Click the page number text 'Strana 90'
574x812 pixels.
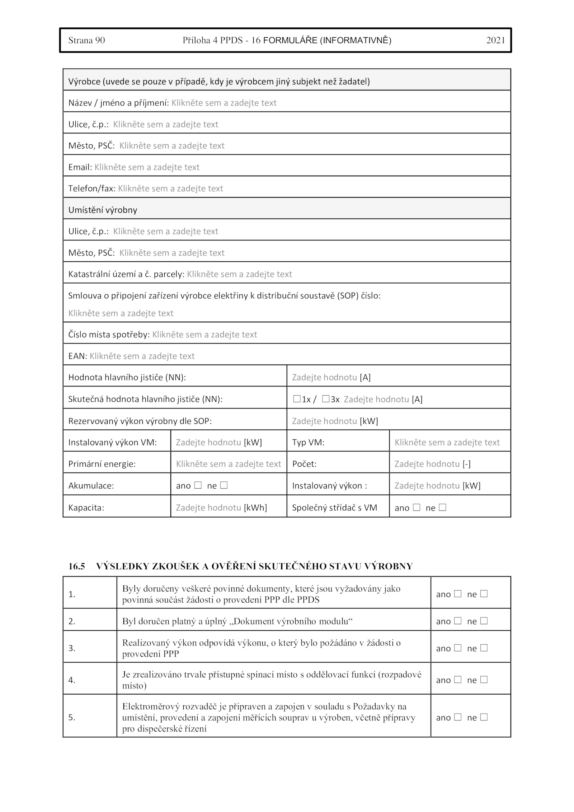coord(86,40)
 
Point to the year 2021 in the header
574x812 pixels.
coord(495,40)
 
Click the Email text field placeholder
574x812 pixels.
coord(147,167)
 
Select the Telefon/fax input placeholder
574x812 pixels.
coord(170,188)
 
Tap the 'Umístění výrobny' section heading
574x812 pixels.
coord(103,210)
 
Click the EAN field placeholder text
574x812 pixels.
coord(142,356)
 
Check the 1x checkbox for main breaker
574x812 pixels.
coord(297,399)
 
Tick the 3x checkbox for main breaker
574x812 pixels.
coord(325,399)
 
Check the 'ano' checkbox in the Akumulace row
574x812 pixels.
coord(198,485)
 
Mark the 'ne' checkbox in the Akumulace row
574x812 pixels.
coord(224,485)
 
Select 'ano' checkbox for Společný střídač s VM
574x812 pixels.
coord(417,507)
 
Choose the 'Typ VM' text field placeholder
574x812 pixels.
coord(447,443)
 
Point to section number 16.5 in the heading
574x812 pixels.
coord(76,566)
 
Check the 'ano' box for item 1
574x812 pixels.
coord(458,594)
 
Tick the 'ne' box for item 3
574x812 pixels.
coord(484,648)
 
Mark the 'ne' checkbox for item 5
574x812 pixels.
coord(484,717)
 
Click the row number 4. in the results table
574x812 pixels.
coord(72,680)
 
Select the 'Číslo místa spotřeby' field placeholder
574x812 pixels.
coord(204,335)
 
